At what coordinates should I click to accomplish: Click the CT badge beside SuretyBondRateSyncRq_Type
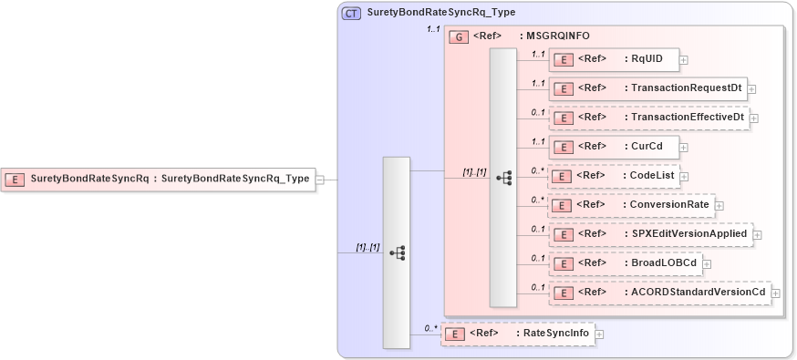tap(350, 14)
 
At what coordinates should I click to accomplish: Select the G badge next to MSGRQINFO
tap(458, 36)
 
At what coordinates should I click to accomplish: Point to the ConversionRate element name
tap(669, 204)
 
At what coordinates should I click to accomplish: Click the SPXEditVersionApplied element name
tap(689, 233)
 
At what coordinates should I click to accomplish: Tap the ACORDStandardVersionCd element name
tap(699, 292)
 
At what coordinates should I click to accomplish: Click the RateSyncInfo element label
tap(554, 334)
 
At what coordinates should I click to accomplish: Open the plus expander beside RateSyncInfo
tap(599, 334)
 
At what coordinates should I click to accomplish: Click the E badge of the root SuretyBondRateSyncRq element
tap(16, 180)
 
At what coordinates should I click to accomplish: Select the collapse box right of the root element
tap(320, 180)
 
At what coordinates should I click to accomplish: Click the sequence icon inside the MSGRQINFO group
tap(503, 179)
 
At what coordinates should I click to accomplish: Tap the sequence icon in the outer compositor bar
tap(397, 253)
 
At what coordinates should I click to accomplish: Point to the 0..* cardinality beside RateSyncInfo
tap(431, 327)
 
